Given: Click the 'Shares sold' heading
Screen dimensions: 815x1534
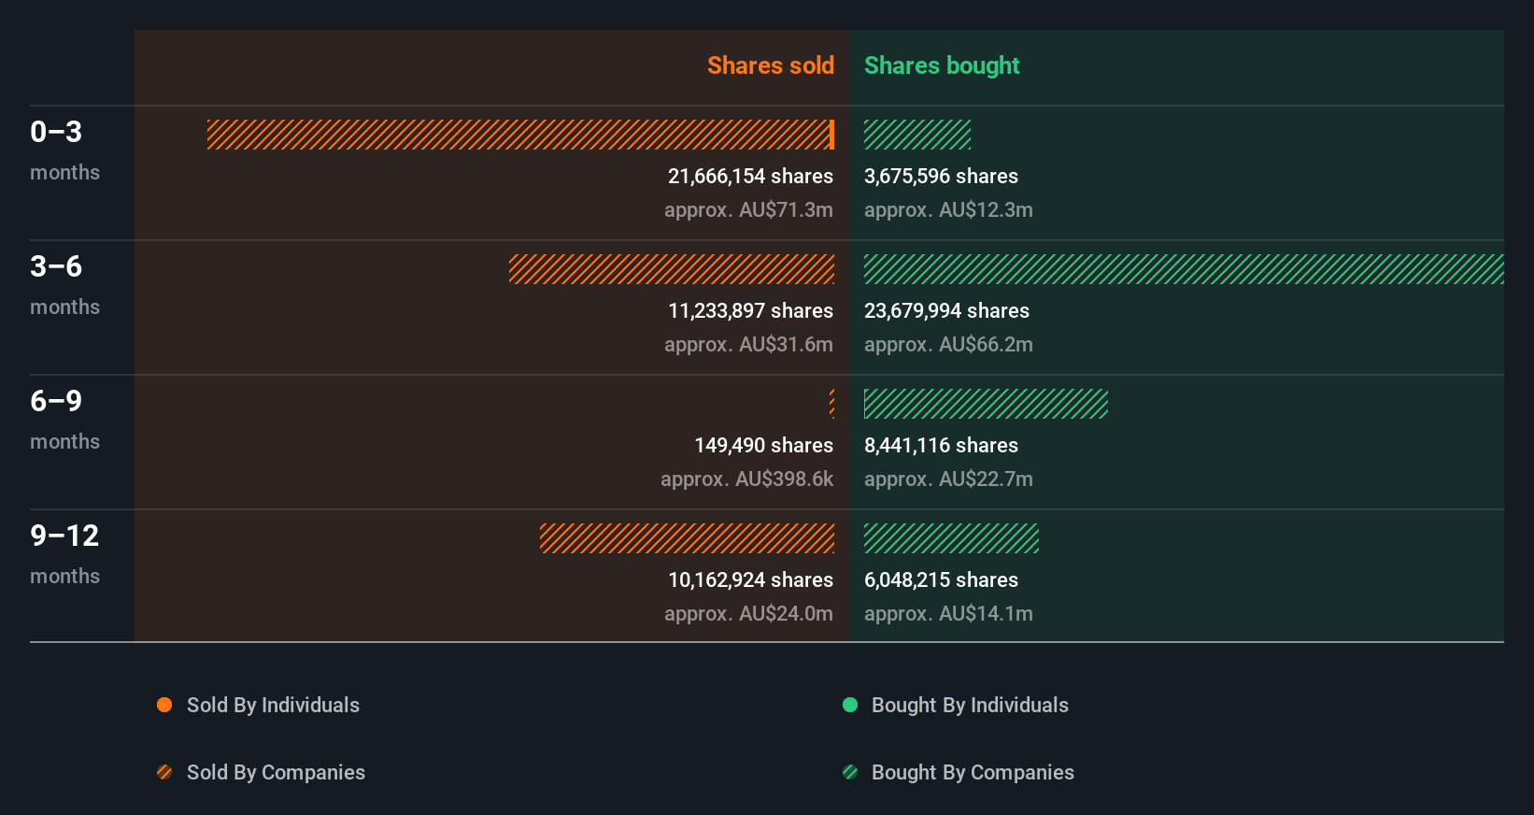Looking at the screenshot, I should [770, 65].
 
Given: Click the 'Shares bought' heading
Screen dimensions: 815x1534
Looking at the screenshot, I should [941, 65].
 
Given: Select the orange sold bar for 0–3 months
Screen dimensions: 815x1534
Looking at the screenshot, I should [519, 135].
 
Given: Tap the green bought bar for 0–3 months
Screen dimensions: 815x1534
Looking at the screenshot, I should [917, 135].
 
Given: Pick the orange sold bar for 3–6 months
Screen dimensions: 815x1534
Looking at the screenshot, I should [672, 269].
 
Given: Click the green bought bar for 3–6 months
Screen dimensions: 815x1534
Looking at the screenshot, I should [1184, 269].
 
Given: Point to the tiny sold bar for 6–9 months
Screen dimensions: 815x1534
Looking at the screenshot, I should [831, 404].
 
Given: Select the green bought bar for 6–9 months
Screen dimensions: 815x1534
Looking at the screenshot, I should [986, 404].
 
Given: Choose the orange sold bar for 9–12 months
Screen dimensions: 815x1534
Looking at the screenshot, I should [687, 538].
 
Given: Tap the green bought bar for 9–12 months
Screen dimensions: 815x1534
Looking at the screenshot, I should [951, 538].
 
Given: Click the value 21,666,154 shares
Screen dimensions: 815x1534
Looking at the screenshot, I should [750, 176].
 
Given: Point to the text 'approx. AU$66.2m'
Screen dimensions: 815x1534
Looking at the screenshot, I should [948, 344].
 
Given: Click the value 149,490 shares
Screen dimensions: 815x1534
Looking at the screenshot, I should [763, 445].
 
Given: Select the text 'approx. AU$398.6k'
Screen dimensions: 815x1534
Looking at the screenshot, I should [746, 479].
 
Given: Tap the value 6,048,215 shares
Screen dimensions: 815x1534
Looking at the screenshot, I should [941, 579].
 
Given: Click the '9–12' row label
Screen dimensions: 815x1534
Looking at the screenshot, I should [64, 536].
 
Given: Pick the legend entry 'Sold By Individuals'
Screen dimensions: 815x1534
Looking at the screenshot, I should [273, 705].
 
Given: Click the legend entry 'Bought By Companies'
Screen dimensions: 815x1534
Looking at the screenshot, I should [973, 772].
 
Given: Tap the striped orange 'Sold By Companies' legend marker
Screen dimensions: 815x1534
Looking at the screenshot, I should [164, 772].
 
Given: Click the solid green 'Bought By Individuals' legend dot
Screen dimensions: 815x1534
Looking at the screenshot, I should [850, 705].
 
